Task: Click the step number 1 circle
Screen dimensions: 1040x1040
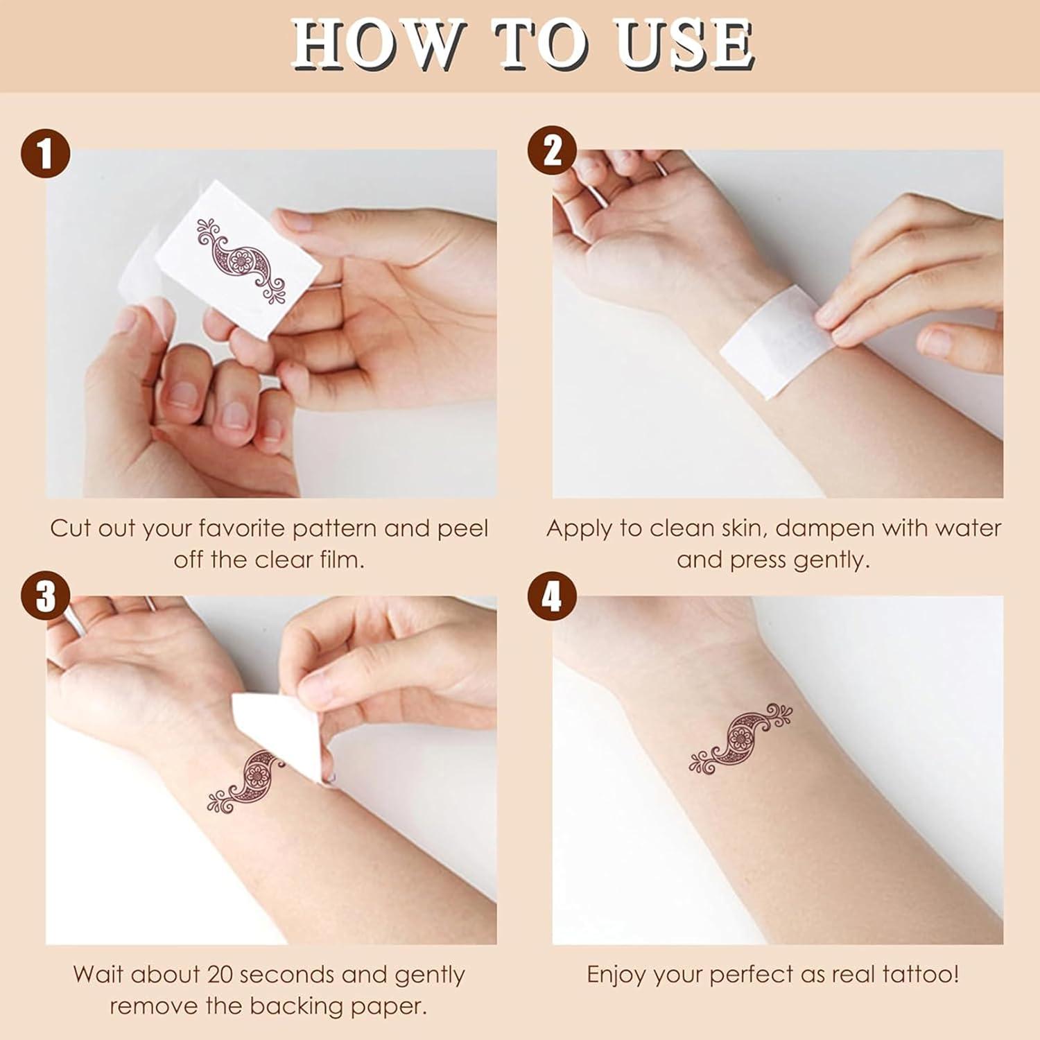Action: pyautogui.click(x=45, y=153)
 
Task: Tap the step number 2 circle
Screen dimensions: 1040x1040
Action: pyautogui.click(x=552, y=150)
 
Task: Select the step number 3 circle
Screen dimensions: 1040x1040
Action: pyautogui.click(x=45, y=597)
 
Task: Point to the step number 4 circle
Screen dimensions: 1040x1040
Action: pyautogui.click(x=552, y=597)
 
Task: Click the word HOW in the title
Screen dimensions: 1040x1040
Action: pyautogui.click(x=375, y=45)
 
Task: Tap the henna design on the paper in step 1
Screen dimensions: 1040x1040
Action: pyautogui.click(x=241, y=261)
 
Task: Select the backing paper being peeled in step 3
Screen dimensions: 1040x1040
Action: pyautogui.click(x=277, y=728)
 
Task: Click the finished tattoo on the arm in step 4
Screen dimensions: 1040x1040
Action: pyautogui.click(x=740, y=738)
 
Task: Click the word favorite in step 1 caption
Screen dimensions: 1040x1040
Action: pyautogui.click(x=243, y=529)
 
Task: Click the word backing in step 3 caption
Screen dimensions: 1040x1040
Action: pyautogui.click(x=292, y=1006)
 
